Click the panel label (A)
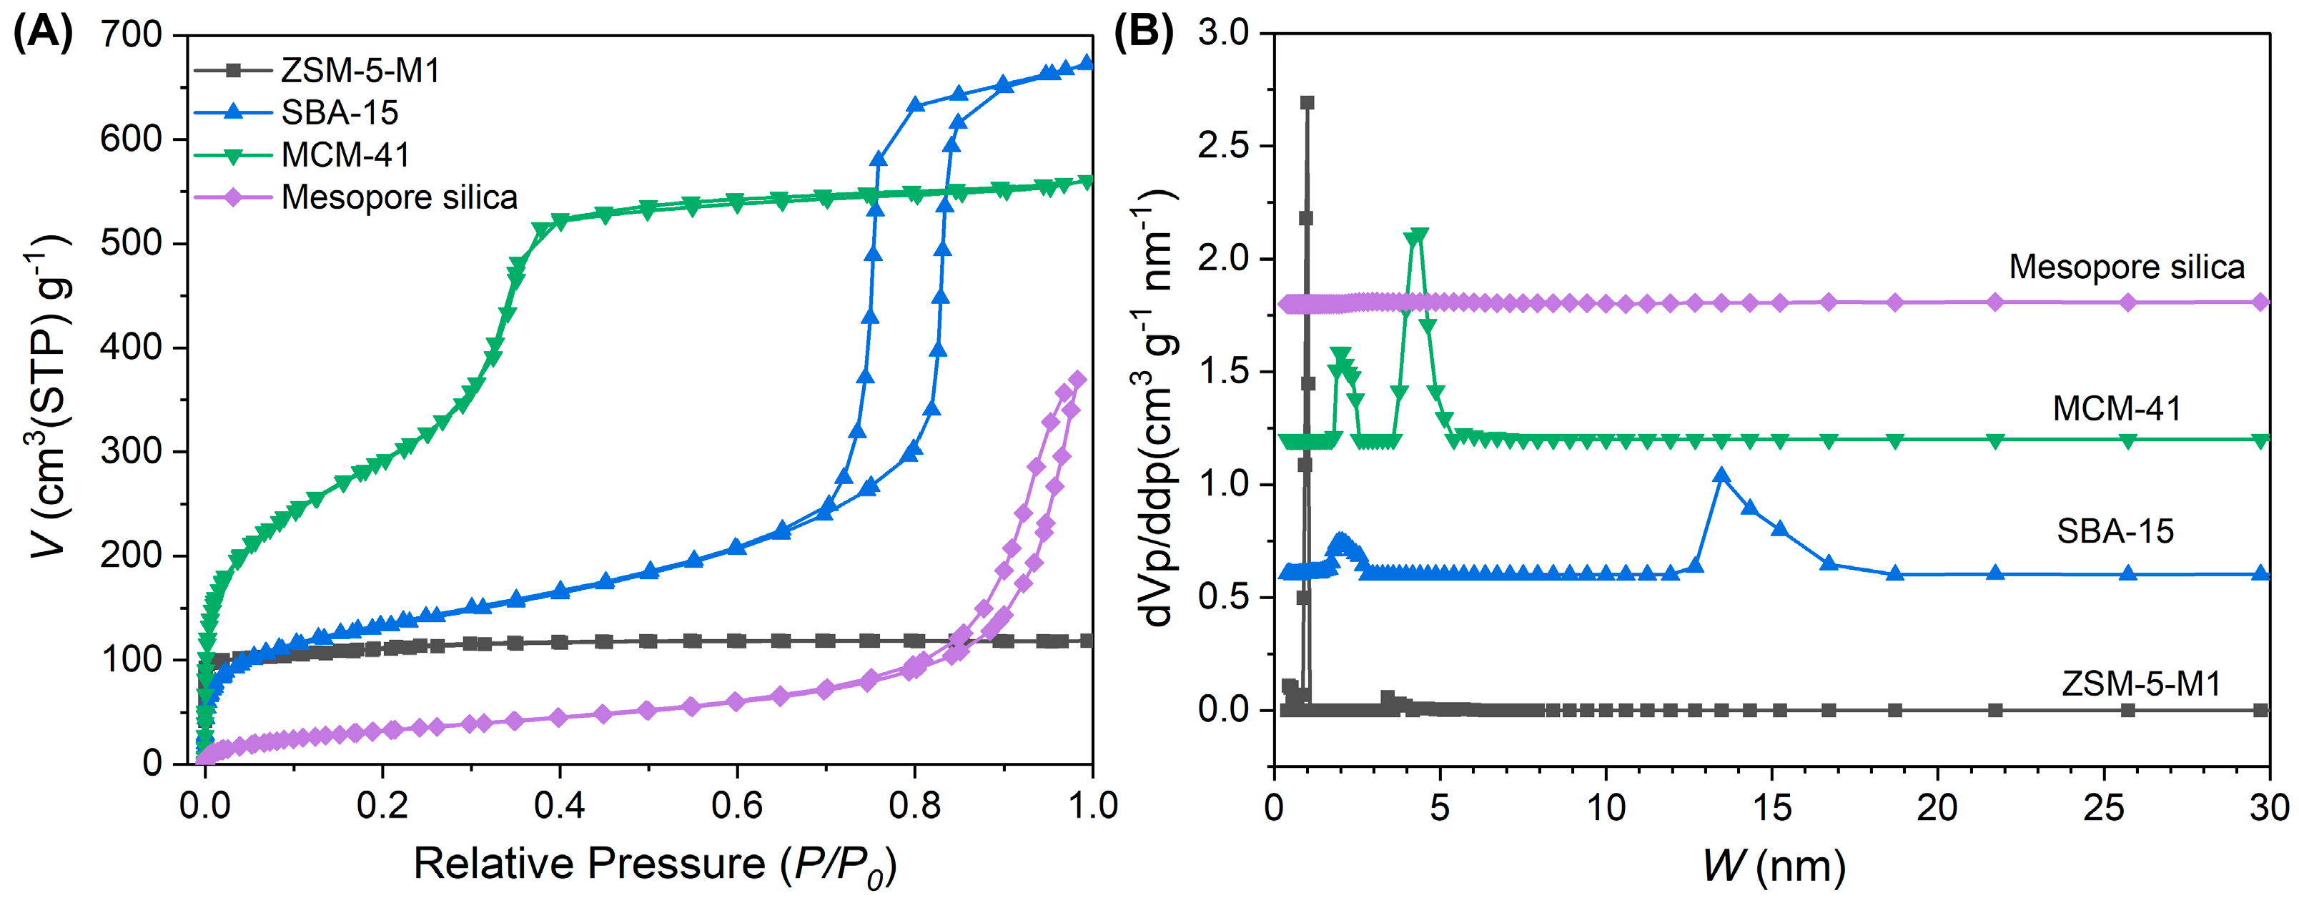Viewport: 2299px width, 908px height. tap(42, 33)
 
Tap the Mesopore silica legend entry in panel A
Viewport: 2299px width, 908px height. tap(399, 197)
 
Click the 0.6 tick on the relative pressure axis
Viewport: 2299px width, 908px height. tap(737, 806)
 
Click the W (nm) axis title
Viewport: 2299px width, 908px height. tap(1772, 866)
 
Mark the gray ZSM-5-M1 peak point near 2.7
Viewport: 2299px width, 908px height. tap(1307, 103)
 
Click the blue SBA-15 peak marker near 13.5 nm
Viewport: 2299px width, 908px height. tap(1721, 475)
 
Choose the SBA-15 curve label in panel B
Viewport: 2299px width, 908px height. tap(2115, 531)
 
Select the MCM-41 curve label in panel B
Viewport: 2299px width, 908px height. tap(2116, 408)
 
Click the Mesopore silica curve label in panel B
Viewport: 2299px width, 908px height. tap(2126, 267)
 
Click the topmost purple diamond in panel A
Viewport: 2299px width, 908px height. tap(1078, 380)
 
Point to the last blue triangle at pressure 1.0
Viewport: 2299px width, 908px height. tap(1086, 62)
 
